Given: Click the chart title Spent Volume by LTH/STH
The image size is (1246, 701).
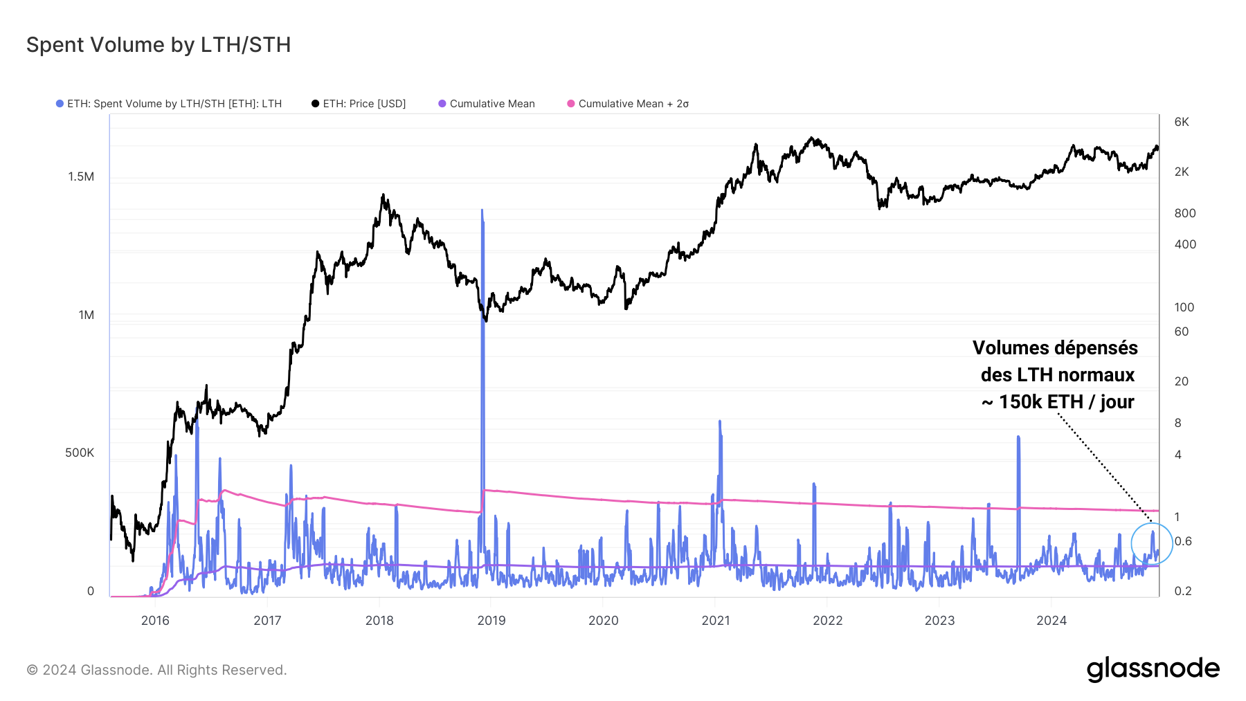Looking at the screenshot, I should click(159, 45).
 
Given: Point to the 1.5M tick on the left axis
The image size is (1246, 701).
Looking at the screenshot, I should click(81, 176).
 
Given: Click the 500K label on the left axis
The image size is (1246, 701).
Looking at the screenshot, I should click(80, 453).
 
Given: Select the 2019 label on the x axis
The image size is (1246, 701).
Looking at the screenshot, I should click(491, 620).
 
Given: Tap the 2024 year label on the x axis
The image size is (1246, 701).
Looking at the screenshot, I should click(1051, 620).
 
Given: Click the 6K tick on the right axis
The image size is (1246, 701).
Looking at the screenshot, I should click(1182, 122).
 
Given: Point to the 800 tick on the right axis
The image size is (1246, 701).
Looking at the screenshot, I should click(1184, 213).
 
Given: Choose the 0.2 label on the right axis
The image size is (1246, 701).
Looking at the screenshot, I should click(1183, 591).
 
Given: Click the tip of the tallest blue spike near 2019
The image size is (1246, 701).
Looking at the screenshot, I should click(482, 210).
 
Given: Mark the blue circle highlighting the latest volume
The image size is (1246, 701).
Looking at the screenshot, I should click(1152, 543).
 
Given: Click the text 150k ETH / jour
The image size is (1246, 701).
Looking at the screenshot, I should click(1066, 402).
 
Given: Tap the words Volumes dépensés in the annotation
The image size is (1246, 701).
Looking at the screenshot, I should click(1055, 347).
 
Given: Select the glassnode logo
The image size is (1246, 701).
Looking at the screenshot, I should click(1153, 669).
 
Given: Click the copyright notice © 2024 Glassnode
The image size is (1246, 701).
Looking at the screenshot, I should click(156, 670).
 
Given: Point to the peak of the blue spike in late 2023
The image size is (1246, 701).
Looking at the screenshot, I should click(1018, 437).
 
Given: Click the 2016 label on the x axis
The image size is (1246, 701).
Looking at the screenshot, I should click(155, 620).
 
